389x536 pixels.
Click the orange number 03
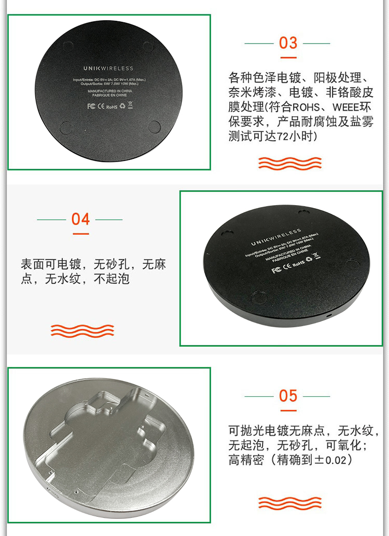pos(288,43)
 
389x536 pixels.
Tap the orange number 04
pos(80,219)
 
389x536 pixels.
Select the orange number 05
pos(288,396)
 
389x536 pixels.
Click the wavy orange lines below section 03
pos(290,163)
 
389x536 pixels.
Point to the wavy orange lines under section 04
pos(82,330)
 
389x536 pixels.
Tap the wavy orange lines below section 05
pos(290,502)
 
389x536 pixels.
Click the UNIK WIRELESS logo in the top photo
pos(108,68)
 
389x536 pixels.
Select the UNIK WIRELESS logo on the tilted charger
pos(276,237)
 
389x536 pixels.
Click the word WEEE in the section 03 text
pos(345,108)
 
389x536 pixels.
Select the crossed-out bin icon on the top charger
pos(130,106)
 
